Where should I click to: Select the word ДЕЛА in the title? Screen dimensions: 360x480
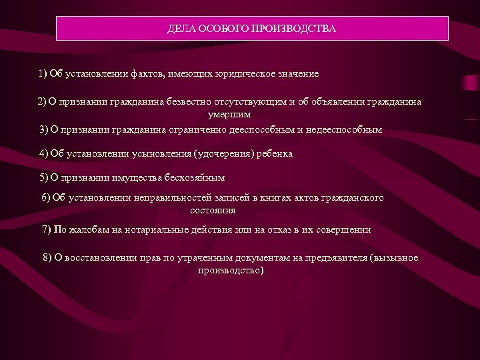pyautogui.click(x=181, y=30)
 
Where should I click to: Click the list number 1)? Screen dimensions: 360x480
pyautogui.click(x=43, y=73)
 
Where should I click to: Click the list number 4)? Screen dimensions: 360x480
pyautogui.click(x=45, y=153)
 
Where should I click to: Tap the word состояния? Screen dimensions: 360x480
pyautogui.click(x=213, y=210)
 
